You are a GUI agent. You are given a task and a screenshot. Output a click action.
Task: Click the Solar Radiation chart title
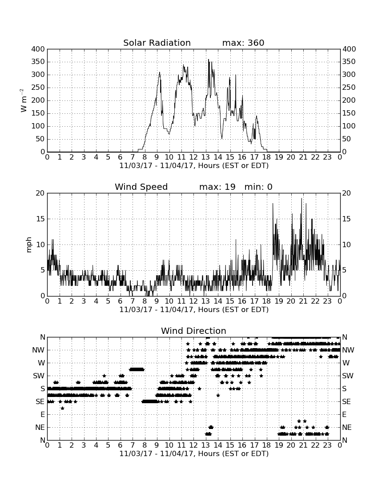click(157, 43)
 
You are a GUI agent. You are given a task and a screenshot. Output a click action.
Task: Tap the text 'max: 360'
click(243, 43)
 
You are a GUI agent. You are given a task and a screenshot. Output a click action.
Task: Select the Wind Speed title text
click(141, 187)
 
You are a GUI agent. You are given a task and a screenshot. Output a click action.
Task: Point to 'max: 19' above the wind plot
click(217, 187)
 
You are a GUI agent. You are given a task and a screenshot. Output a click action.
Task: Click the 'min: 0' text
click(258, 187)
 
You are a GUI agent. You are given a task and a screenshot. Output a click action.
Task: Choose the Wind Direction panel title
click(193, 331)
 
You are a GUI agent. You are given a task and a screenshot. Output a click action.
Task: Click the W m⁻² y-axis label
click(24, 100)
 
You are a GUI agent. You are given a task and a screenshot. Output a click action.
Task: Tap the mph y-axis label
click(29, 244)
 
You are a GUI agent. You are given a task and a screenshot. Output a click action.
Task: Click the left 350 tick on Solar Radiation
click(38, 62)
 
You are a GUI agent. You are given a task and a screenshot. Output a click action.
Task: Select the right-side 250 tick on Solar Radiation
click(349, 88)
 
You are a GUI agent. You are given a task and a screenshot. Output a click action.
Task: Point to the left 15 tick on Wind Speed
click(40, 219)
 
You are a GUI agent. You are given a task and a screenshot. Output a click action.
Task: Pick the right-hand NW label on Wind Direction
click(348, 350)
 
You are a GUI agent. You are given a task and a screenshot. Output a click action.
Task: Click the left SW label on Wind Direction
click(39, 376)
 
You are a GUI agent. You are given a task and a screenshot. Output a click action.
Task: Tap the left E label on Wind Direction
click(42, 415)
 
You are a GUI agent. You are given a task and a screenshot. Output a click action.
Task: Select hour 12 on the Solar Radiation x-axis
click(193, 157)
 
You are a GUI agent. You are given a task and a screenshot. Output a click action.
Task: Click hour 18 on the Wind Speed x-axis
click(267, 301)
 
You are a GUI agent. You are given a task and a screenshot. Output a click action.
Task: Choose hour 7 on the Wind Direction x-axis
click(133, 445)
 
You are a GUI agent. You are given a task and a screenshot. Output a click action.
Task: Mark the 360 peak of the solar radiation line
click(209, 60)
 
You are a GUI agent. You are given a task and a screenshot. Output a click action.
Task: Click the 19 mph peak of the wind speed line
click(302, 199)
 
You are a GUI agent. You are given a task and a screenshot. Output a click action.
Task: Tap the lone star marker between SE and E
click(62, 408)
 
